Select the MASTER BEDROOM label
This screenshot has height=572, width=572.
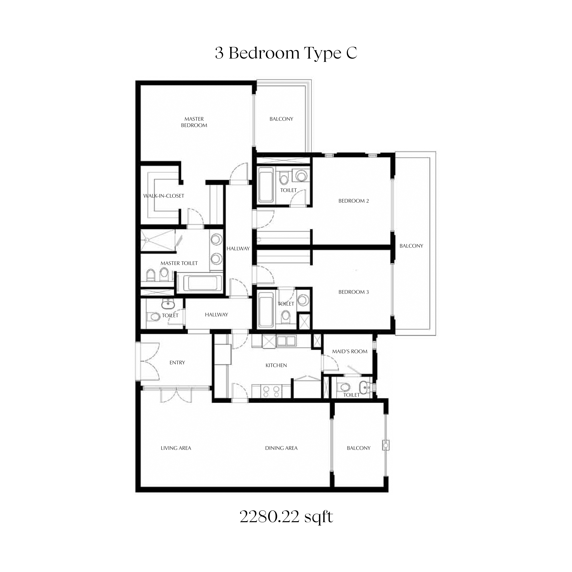pos(194,122)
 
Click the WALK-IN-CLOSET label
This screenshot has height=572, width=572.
pos(164,196)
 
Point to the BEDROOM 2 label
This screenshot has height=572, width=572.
pos(353,201)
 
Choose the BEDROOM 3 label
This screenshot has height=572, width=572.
pos(353,292)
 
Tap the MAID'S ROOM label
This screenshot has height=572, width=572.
pos(350,351)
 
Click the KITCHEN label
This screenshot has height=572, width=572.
pos(276,365)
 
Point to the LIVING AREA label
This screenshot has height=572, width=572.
pos(176,448)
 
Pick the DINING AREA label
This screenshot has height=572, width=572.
pos(281,448)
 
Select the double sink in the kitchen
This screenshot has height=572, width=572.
pos(286,341)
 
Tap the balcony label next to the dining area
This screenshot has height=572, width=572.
pos(359,448)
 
